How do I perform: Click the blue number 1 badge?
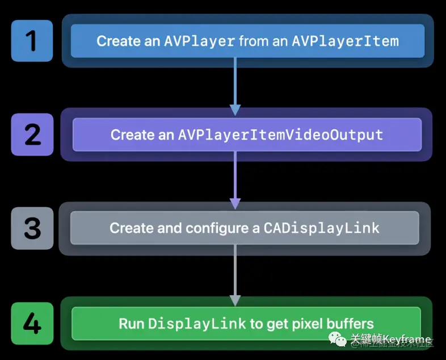32,41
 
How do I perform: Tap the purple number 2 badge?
32,135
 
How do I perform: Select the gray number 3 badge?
32,228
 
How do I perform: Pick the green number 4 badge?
32,324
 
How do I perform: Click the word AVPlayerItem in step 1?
345,41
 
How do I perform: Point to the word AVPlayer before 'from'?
199,41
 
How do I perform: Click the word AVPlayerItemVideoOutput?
280,135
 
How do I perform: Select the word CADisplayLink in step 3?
321,228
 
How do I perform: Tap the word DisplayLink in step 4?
197,324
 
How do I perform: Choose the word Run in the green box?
131,324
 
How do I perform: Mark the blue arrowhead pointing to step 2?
235,110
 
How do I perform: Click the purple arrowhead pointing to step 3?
235,203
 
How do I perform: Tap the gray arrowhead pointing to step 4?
235,300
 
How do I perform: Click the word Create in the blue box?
117,41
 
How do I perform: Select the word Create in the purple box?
131,135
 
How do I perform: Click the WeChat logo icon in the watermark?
340,340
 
